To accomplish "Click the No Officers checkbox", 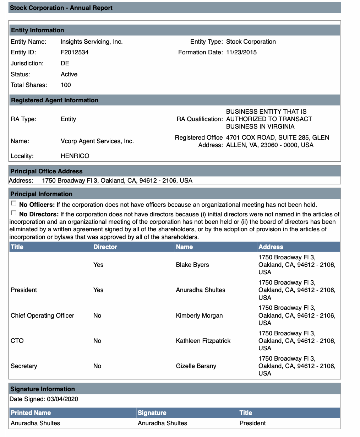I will [13, 204].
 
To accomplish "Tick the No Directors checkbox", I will [13, 213].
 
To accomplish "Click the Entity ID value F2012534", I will [75, 52].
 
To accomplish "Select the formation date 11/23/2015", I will [241, 52].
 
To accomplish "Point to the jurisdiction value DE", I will [65, 63].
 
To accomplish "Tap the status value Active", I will [69, 74].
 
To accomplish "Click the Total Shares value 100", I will [66, 85].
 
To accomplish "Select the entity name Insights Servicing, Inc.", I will [92, 42].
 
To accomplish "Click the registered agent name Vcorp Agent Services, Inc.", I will [97, 141].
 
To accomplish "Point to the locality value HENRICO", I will [75, 156].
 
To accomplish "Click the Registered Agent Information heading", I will [55, 100].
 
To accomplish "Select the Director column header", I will [105, 247].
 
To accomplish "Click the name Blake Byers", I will [192, 265].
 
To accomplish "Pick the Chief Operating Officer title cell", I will [43, 315].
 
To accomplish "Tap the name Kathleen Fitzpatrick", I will [203, 341].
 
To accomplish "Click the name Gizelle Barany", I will [196, 366].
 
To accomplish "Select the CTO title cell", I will [17, 341].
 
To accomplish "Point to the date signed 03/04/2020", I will [62, 399].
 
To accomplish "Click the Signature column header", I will [152, 413].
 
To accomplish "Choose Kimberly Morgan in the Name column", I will [199, 315].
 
